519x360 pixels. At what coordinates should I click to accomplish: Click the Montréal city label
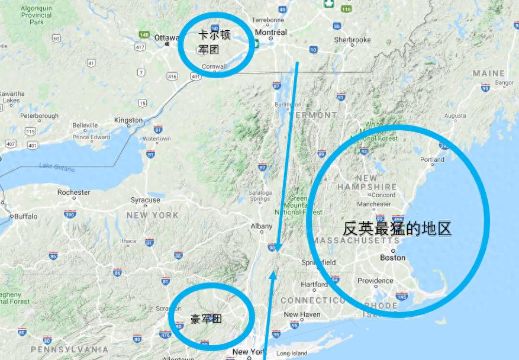pyautogui.click(x=270, y=32)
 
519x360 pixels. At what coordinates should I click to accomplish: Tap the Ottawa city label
pyautogui.click(x=166, y=37)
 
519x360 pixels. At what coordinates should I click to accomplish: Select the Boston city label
pyautogui.click(x=392, y=258)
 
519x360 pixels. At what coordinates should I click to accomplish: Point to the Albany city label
pyautogui.click(x=262, y=226)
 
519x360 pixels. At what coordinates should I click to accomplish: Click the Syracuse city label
pyautogui.click(x=146, y=200)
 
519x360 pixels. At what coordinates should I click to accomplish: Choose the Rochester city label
pyautogui.click(x=74, y=192)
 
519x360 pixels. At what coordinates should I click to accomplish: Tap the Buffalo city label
pyautogui.click(x=25, y=216)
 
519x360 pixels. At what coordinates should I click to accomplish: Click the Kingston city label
pyautogui.click(x=128, y=120)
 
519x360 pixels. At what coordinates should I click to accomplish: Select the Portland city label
pyautogui.click(x=432, y=160)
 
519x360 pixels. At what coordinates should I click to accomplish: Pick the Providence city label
pyautogui.click(x=375, y=281)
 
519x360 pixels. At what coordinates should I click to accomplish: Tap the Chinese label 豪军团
pyautogui.click(x=206, y=319)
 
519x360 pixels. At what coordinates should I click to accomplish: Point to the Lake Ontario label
pyautogui.click(x=57, y=168)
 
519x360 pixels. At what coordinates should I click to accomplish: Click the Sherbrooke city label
pyautogui.click(x=352, y=40)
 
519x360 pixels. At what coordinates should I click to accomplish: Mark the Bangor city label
pyautogui.click(x=504, y=83)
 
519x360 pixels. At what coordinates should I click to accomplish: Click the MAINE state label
pyautogui.click(x=489, y=73)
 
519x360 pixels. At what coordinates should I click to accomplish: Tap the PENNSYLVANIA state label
pyautogui.click(x=69, y=349)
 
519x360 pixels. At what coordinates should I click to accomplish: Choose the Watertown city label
pyautogui.click(x=156, y=139)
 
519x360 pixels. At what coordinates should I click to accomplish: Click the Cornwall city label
pyautogui.click(x=214, y=66)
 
